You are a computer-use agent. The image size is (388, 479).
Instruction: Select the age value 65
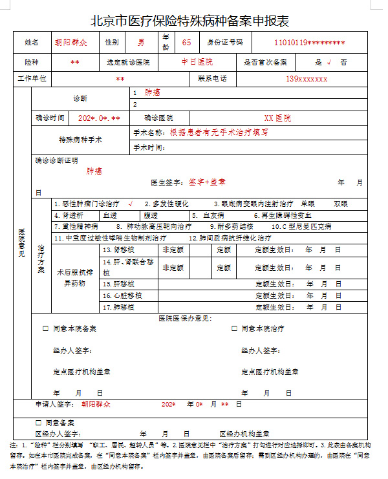pyautogui.click(x=186, y=42)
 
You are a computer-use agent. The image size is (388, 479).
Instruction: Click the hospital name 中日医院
pyautogui.click(x=197, y=62)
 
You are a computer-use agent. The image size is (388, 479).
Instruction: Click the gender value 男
pyautogui.click(x=141, y=42)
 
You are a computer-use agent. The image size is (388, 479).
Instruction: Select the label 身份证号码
pyautogui.click(x=225, y=42)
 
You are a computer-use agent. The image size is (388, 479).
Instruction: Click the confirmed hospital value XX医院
pyautogui.click(x=277, y=119)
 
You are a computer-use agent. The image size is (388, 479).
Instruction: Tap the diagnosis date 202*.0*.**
pyautogui.click(x=99, y=119)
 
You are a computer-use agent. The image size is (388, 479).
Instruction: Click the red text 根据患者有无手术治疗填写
pyautogui.click(x=219, y=132)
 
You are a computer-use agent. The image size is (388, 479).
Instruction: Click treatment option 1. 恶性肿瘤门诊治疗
pyautogui.click(x=91, y=204)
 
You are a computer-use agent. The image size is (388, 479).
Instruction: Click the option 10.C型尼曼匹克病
pyautogui.click(x=301, y=227)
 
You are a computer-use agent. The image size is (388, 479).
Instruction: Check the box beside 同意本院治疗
pyautogui.click(x=234, y=328)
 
